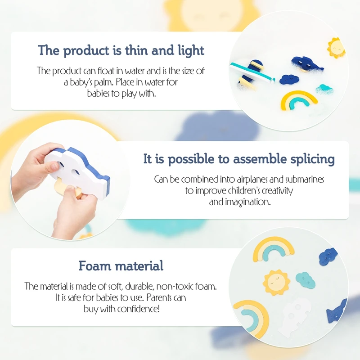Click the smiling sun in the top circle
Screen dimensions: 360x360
pyautogui.click(x=335, y=48)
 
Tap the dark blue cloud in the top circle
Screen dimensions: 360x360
pyautogui.click(x=289, y=79)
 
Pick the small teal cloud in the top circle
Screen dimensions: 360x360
pyautogui.click(x=324, y=89)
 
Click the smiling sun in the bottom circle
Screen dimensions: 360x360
pyautogui.click(x=276, y=282)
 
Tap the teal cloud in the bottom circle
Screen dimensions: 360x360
pyautogui.click(x=306, y=279)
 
